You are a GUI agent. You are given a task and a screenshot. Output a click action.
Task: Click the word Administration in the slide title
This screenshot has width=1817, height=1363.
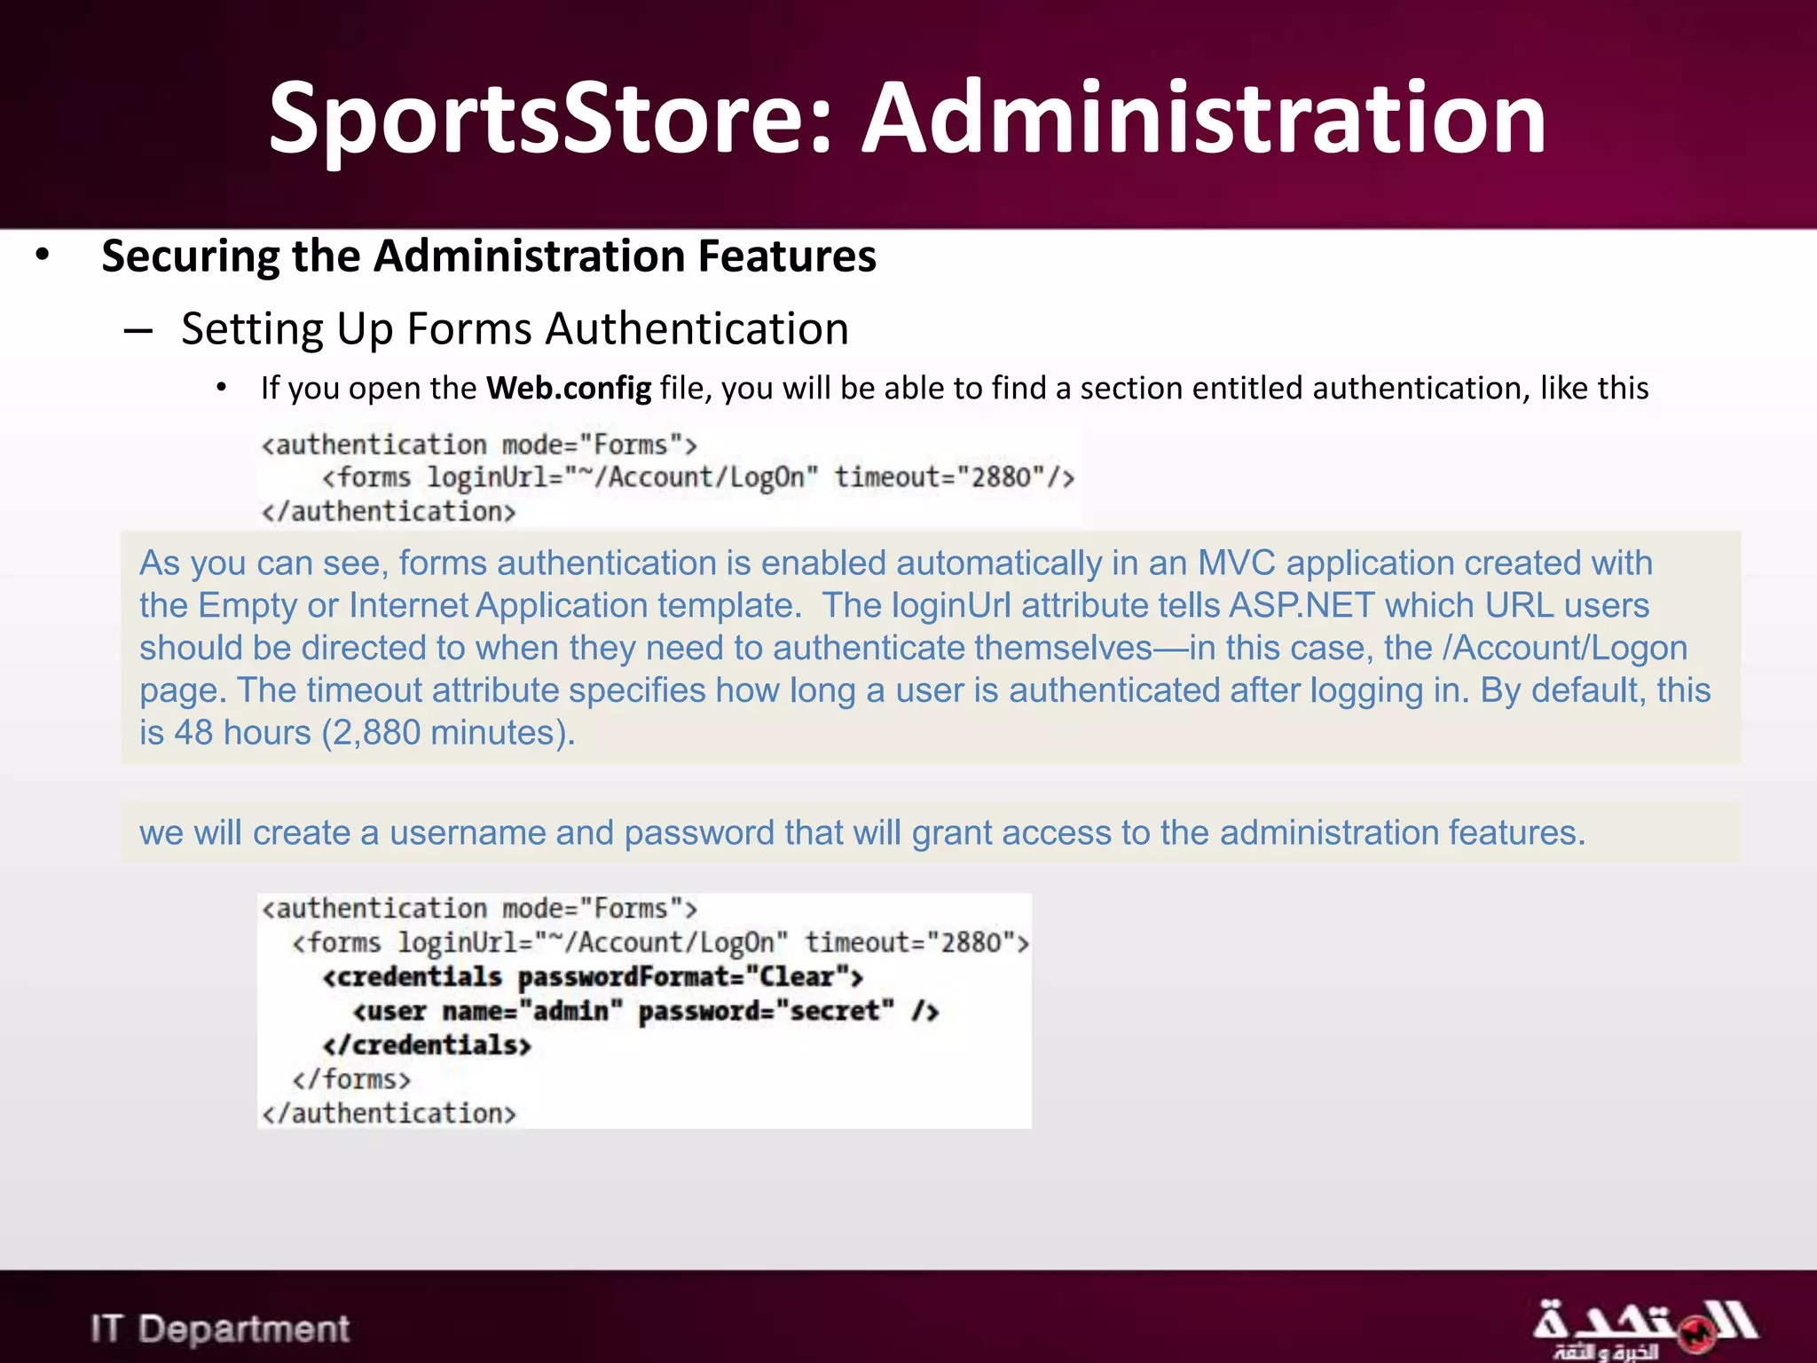(x=1205, y=118)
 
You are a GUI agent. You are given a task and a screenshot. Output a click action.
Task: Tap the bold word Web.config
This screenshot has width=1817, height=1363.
(x=568, y=389)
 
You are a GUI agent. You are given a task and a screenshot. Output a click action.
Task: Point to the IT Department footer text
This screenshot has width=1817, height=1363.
(x=219, y=1328)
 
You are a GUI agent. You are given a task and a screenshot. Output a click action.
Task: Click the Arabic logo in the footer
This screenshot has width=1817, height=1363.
(x=1643, y=1328)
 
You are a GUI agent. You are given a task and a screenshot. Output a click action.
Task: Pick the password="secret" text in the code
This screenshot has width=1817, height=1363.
(x=766, y=1011)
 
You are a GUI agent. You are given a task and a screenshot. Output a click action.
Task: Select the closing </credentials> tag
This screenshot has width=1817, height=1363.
(x=427, y=1045)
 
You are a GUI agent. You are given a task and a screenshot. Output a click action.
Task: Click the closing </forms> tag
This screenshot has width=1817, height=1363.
(x=351, y=1079)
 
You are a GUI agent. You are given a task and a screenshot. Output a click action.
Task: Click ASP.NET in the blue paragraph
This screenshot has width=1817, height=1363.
(x=1302, y=606)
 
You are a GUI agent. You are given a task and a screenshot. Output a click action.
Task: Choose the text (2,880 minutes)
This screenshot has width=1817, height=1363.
(x=448, y=734)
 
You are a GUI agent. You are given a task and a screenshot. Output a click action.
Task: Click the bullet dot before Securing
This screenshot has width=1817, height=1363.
(x=43, y=256)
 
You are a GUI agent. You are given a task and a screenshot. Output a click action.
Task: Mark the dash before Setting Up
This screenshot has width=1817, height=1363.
(x=138, y=331)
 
